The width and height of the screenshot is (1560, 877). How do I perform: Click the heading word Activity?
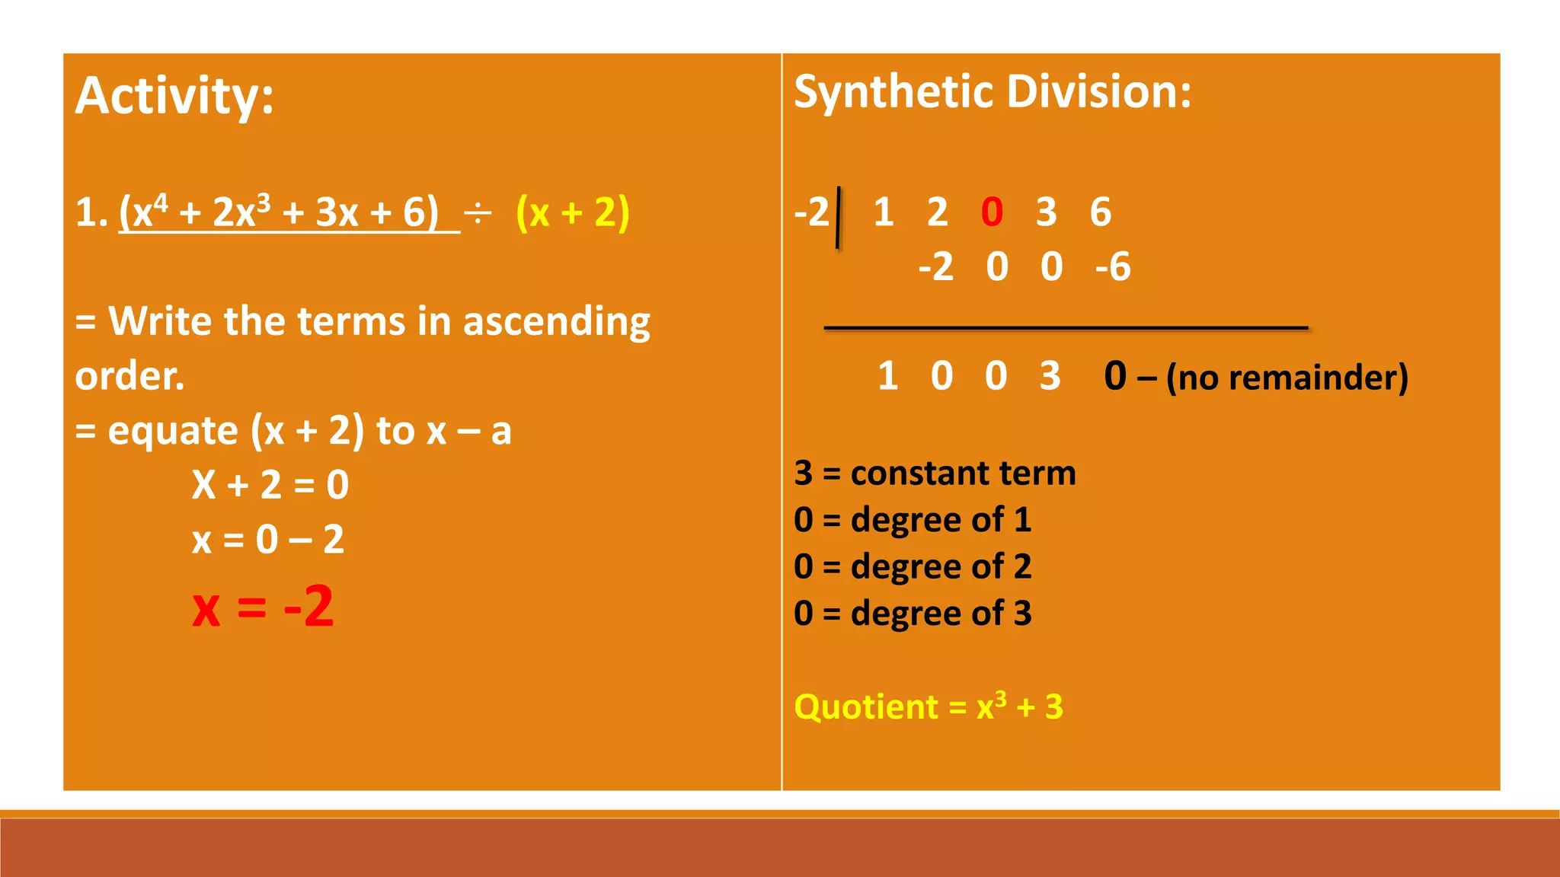point(174,97)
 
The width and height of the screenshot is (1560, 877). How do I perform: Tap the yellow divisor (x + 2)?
point(572,212)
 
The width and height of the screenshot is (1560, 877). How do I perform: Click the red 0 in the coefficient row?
point(992,212)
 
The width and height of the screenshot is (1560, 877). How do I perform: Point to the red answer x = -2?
point(263,607)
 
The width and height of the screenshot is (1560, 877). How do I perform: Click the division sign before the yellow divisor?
point(478,214)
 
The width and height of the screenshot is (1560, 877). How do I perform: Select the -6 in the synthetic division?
point(1113,267)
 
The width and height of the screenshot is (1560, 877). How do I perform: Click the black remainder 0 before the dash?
point(1115,376)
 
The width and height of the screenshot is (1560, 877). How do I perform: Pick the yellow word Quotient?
point(866,707)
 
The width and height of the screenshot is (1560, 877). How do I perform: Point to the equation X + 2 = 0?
point(270,485)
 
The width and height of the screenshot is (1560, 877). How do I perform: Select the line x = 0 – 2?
point(268,540)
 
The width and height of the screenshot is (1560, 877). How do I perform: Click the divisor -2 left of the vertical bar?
point(811,212)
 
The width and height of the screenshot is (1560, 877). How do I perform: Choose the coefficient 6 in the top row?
point(1100,212)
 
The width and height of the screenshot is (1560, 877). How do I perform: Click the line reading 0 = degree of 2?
point(913,567)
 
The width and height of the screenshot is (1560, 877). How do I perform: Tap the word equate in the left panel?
point(173,431)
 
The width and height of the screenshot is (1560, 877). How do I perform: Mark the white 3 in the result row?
point(1050,376)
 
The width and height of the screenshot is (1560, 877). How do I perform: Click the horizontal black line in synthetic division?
point(1066,328)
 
